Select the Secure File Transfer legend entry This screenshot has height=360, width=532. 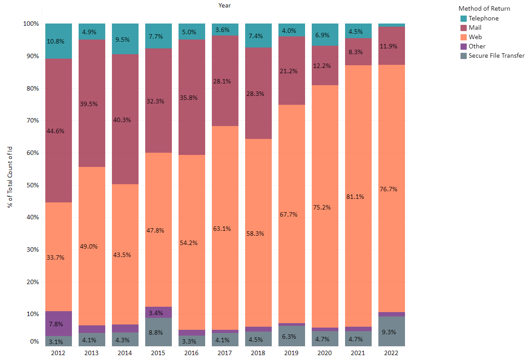point(496,55)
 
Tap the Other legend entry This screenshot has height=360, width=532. point(477,46)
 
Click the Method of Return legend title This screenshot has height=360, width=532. point(484,8)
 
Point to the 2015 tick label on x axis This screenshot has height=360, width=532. point(159,353)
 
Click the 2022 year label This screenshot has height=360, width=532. point(392,353)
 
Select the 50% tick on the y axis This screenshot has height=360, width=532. point(33,185)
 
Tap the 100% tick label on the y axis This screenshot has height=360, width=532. point(31,24)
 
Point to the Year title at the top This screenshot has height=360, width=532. point(225,5)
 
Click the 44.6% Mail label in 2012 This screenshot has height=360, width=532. point(55,131)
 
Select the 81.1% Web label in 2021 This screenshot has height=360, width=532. point(355,197)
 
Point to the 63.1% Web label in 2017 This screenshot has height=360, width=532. point(222,229)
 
